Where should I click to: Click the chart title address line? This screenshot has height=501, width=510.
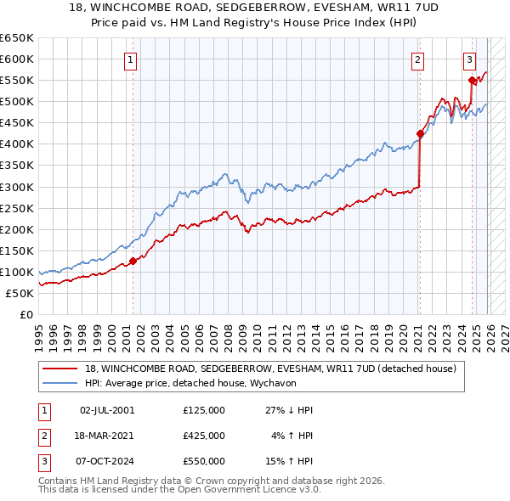coord(254,8)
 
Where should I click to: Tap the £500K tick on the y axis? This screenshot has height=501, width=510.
coord(16,102)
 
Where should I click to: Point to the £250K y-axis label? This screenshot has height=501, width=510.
coord(16,208)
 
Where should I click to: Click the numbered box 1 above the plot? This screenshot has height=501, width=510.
coord(131,59)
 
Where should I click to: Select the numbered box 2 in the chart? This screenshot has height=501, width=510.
coord(418,59)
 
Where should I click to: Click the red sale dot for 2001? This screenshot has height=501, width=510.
coord(133,261)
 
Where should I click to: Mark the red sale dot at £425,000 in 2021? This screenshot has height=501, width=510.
coord(420,133)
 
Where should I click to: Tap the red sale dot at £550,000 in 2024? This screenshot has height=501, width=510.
coord(472,80)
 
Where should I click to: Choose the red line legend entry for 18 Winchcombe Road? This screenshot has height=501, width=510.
coord(270,369)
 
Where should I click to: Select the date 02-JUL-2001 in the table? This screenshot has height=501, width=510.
coord(106,410)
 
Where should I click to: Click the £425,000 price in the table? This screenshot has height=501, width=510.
coord(203,436)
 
